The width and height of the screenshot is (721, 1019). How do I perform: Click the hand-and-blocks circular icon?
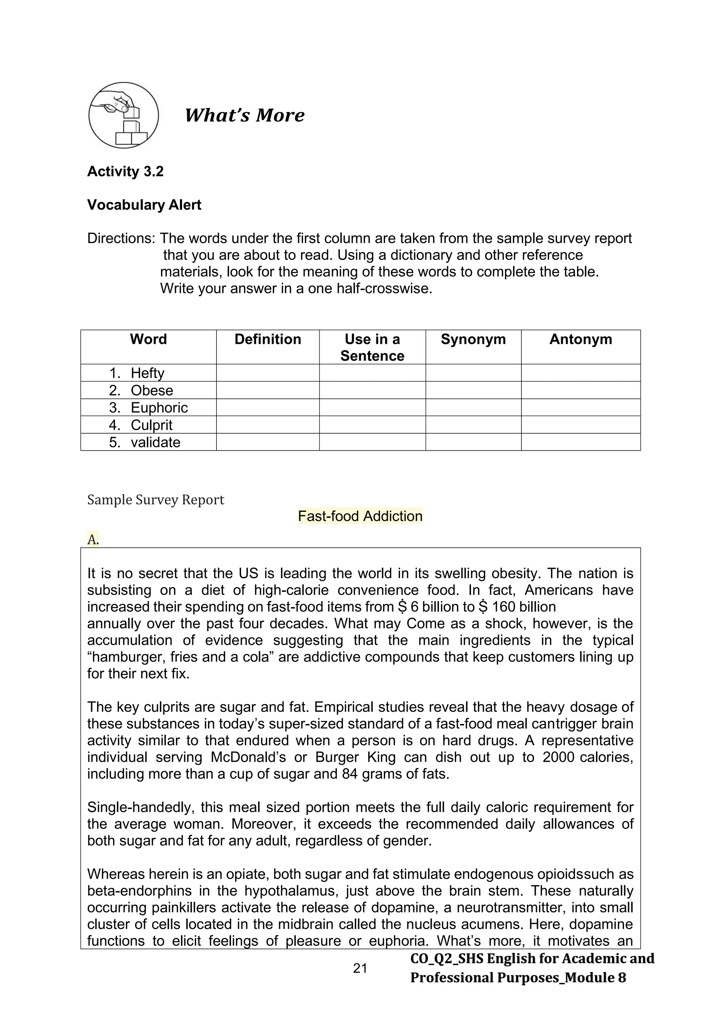[x=124, y=115]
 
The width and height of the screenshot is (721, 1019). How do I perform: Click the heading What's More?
[x=244, y=115]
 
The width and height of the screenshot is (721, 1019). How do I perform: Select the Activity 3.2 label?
[x=125, y=171]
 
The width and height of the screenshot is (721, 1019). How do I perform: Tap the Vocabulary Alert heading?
[x=144, y=205]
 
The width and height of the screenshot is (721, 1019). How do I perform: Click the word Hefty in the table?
[x=148, y=373]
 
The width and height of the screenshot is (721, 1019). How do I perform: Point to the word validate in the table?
[x=155, y=442]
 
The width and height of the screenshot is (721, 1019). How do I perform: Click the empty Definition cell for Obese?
[x=268, y=390]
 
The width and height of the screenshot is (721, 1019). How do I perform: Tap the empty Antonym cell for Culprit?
[x=580, y=425]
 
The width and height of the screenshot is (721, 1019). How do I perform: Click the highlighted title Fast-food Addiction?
[x=360, y=516]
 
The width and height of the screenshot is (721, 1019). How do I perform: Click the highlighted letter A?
[x=93, y=539]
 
